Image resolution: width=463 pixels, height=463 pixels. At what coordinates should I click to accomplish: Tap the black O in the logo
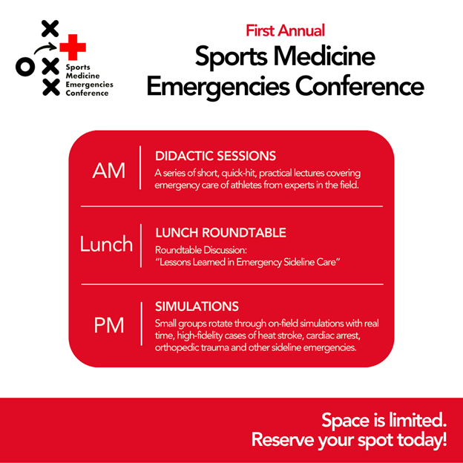click(x=24, y=68)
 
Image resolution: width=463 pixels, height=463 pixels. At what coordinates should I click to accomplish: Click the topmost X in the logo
click(x=50, y=29)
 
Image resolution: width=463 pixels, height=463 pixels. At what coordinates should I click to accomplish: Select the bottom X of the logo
click(x=50, y=88)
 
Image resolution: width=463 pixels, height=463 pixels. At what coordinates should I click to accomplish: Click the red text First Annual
click(x=285, y=30)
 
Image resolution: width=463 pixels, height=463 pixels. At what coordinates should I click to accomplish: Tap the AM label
click(x=109, y=170)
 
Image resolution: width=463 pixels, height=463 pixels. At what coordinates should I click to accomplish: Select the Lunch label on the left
click(x=106, y=244)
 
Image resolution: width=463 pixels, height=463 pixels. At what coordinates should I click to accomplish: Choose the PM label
click(x=109, y=325)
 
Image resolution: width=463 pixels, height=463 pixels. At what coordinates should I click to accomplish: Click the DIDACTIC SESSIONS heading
click(x=215, y=156)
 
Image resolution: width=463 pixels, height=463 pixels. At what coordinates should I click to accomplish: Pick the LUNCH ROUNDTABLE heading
click(x=220, y=233)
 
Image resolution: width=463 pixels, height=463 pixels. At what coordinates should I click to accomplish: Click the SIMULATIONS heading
click(x=197, y=306)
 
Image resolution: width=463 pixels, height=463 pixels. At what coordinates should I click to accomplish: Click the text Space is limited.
click(x=384, y=421)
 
